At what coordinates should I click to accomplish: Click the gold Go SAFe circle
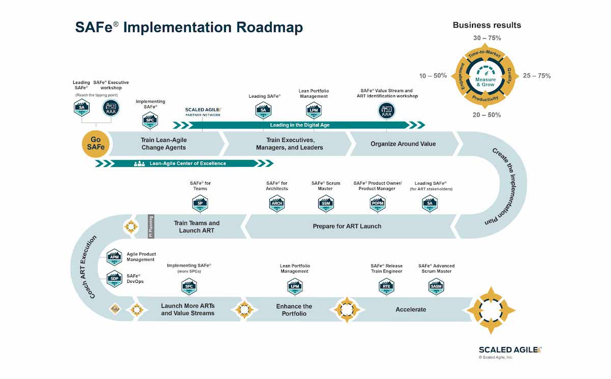pos(95,143)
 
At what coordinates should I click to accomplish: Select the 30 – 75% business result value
pos(487,38)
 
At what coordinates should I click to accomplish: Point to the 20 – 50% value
pos(487,115)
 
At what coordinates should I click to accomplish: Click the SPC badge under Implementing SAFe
pos(149,121)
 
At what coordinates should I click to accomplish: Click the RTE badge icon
pos(386,287)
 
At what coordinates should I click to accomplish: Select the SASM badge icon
pos(436,287)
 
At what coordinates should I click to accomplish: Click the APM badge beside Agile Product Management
pos(114,257)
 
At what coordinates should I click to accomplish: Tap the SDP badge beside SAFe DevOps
pos(114,279)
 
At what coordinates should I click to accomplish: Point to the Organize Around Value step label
pos(403,143)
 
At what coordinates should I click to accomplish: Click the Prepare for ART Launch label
pos(347,226)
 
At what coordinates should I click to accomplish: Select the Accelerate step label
pos(410,309)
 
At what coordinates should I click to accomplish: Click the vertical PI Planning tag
pos(151,226)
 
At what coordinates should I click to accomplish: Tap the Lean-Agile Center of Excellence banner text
pos(187,163)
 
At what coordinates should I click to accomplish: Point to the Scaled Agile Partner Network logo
pos(203,111)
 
